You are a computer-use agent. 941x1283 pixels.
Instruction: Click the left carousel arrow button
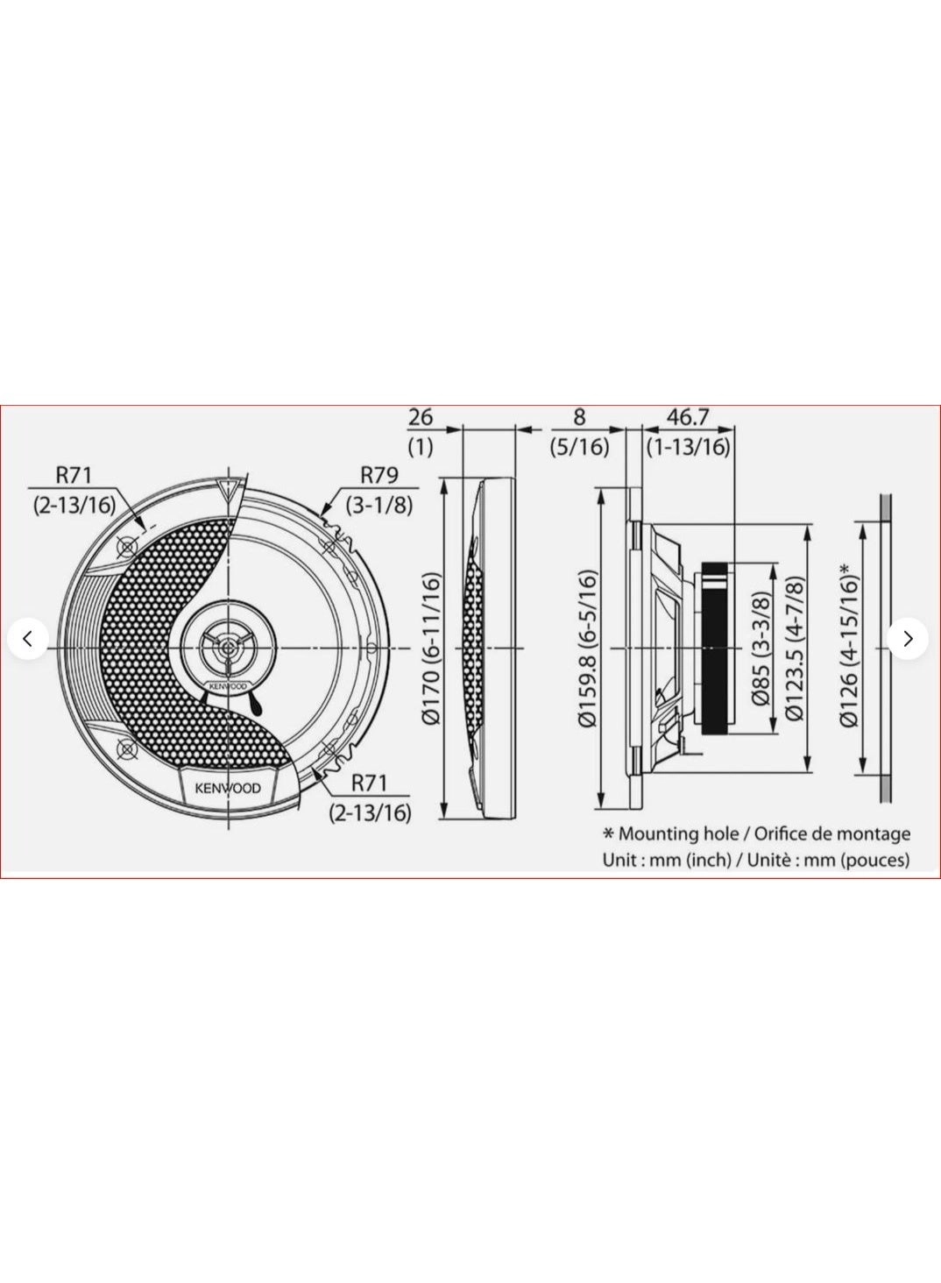(27, 639)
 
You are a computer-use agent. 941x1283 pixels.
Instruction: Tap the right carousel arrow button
(908, 639)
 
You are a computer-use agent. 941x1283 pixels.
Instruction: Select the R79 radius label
(379, 475)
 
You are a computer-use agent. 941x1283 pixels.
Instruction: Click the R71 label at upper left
(74, 475)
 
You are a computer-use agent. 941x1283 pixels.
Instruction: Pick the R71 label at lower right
(369, 782)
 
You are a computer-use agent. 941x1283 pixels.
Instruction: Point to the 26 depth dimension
(421, 417)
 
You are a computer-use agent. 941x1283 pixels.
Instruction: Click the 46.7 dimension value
(688, 417)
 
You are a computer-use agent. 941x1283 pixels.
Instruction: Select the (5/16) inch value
(579, 446)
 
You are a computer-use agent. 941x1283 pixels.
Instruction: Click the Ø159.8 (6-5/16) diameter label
(587, 649)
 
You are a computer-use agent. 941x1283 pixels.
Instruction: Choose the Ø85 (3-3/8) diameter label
(761, 649)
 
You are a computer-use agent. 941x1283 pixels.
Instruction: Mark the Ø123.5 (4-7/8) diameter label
(796, 649)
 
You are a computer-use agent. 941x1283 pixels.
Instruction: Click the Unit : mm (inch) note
(667, 860)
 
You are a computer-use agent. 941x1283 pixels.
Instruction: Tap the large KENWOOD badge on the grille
(227, 787)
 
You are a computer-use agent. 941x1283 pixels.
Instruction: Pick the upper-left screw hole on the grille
(128, 547)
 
